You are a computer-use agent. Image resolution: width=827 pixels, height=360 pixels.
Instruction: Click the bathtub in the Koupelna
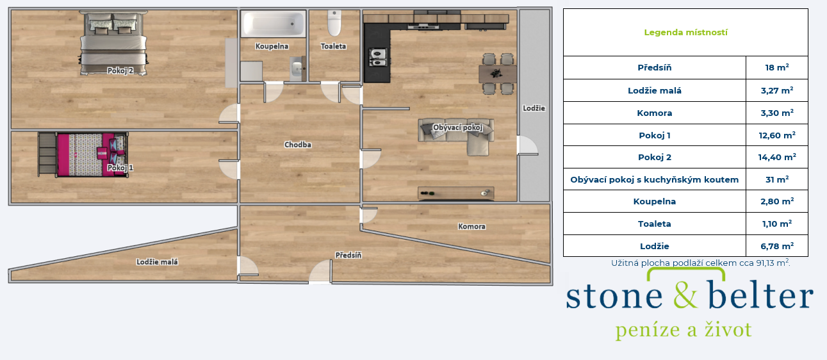pos(273,24)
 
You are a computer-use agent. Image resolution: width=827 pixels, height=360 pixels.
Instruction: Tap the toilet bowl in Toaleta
pos(334,23)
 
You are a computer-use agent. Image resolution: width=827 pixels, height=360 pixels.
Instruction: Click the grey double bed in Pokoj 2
pos(113,43)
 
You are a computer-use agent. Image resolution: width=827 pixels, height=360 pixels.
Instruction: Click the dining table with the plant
pos(497,74)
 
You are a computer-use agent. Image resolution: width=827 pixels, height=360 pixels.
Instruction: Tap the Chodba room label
pos(298,145)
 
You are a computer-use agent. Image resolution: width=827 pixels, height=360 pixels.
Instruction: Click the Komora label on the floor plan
pos(471,226)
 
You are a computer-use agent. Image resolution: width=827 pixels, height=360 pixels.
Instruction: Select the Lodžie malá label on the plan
pos(157,262)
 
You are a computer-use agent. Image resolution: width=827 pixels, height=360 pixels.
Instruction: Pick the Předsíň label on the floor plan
pos(348,255)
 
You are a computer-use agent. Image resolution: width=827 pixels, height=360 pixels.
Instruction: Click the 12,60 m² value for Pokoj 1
pos(777,135)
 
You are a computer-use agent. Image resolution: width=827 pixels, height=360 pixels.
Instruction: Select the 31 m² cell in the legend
pos(777,179)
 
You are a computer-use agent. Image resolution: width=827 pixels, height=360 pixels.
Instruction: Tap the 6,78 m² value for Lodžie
pos(777,246)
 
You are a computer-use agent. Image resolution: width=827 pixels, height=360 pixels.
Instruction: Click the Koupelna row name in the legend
pos(654,202)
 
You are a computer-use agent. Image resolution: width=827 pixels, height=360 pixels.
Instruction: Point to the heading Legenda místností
pos(685,33)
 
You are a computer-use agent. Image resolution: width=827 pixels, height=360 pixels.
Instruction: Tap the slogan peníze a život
pos(684,330)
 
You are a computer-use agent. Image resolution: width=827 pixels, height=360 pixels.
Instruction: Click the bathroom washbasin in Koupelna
pos(297,69)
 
